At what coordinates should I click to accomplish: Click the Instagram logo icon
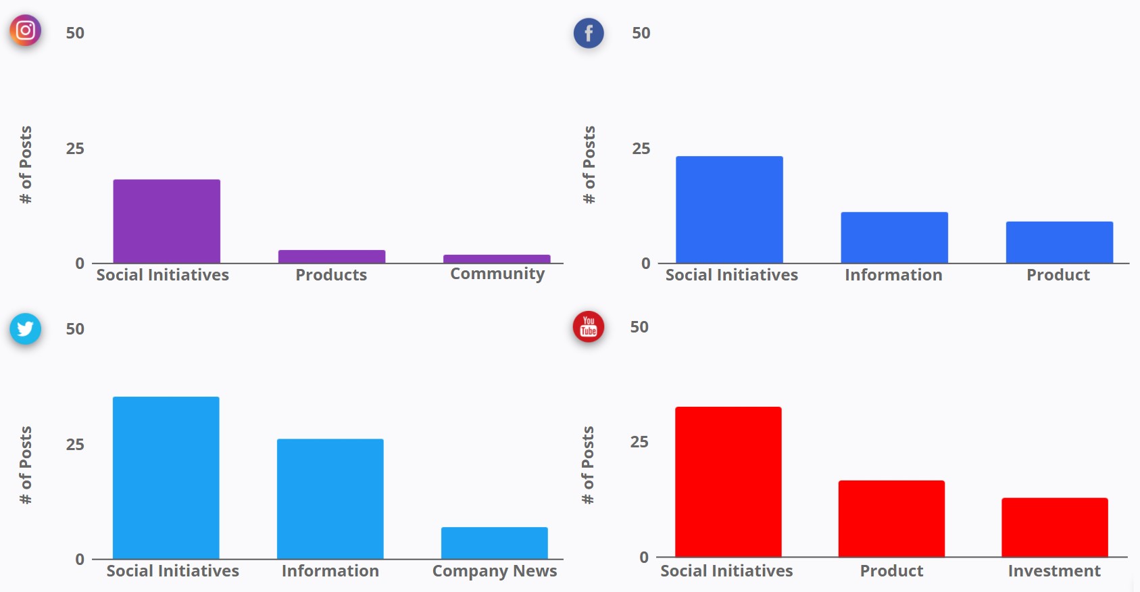[x=25, y=30]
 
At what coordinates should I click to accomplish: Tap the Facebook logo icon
[x=589, y=33]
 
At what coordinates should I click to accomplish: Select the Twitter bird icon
[x=25, y=328]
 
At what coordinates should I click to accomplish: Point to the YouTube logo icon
[x=589, y=326]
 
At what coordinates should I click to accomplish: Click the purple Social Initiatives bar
[x=166, y=222]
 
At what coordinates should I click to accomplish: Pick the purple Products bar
[x=332, y=257]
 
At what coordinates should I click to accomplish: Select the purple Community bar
[x=497, y=259]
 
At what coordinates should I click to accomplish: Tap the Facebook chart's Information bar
[x=894, y=238]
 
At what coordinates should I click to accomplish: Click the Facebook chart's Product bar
[x=1059, y=243]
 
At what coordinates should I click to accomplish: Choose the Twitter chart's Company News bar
[x=494, y=543]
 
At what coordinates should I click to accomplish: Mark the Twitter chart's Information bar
[x=330, y=499]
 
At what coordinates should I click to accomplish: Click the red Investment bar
[x=1054, y=527]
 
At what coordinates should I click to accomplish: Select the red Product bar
[x=891, y=518]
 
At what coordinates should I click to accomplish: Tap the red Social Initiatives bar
[x=728, y=482]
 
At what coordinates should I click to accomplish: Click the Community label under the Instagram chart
[x=497, y=274]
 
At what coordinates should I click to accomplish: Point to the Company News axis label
[x=495, y=571]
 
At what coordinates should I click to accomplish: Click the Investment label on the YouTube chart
[x=1054, y=571]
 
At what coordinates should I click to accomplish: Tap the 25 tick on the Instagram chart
[x=75, y=149]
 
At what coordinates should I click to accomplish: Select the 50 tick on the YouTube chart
[x=639, y=327]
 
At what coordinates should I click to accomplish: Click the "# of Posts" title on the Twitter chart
[x=26, y=465]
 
